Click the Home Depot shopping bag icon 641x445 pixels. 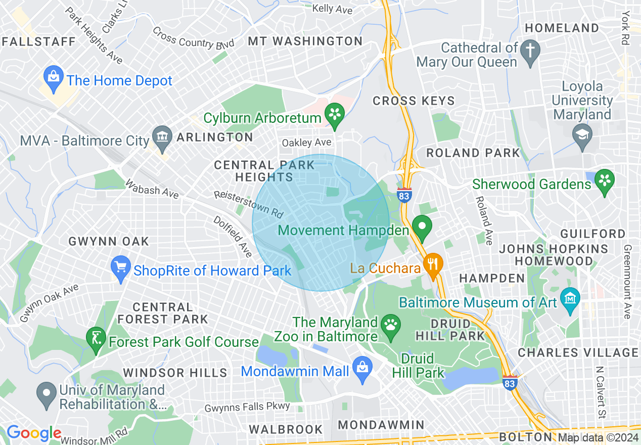point(53,77)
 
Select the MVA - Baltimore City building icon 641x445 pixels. point(162,138)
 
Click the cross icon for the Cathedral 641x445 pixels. point(530,51)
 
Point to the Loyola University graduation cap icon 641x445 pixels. point(582,136)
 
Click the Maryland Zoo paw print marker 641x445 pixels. point(391,325)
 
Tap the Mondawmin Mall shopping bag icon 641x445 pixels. point(362,368)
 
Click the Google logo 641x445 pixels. point(33,433)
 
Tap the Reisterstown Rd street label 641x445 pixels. point(248,204)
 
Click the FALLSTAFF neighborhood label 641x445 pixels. point(38,41)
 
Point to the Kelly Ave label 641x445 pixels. point(332,9)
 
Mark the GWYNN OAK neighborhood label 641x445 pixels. point(109,241)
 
